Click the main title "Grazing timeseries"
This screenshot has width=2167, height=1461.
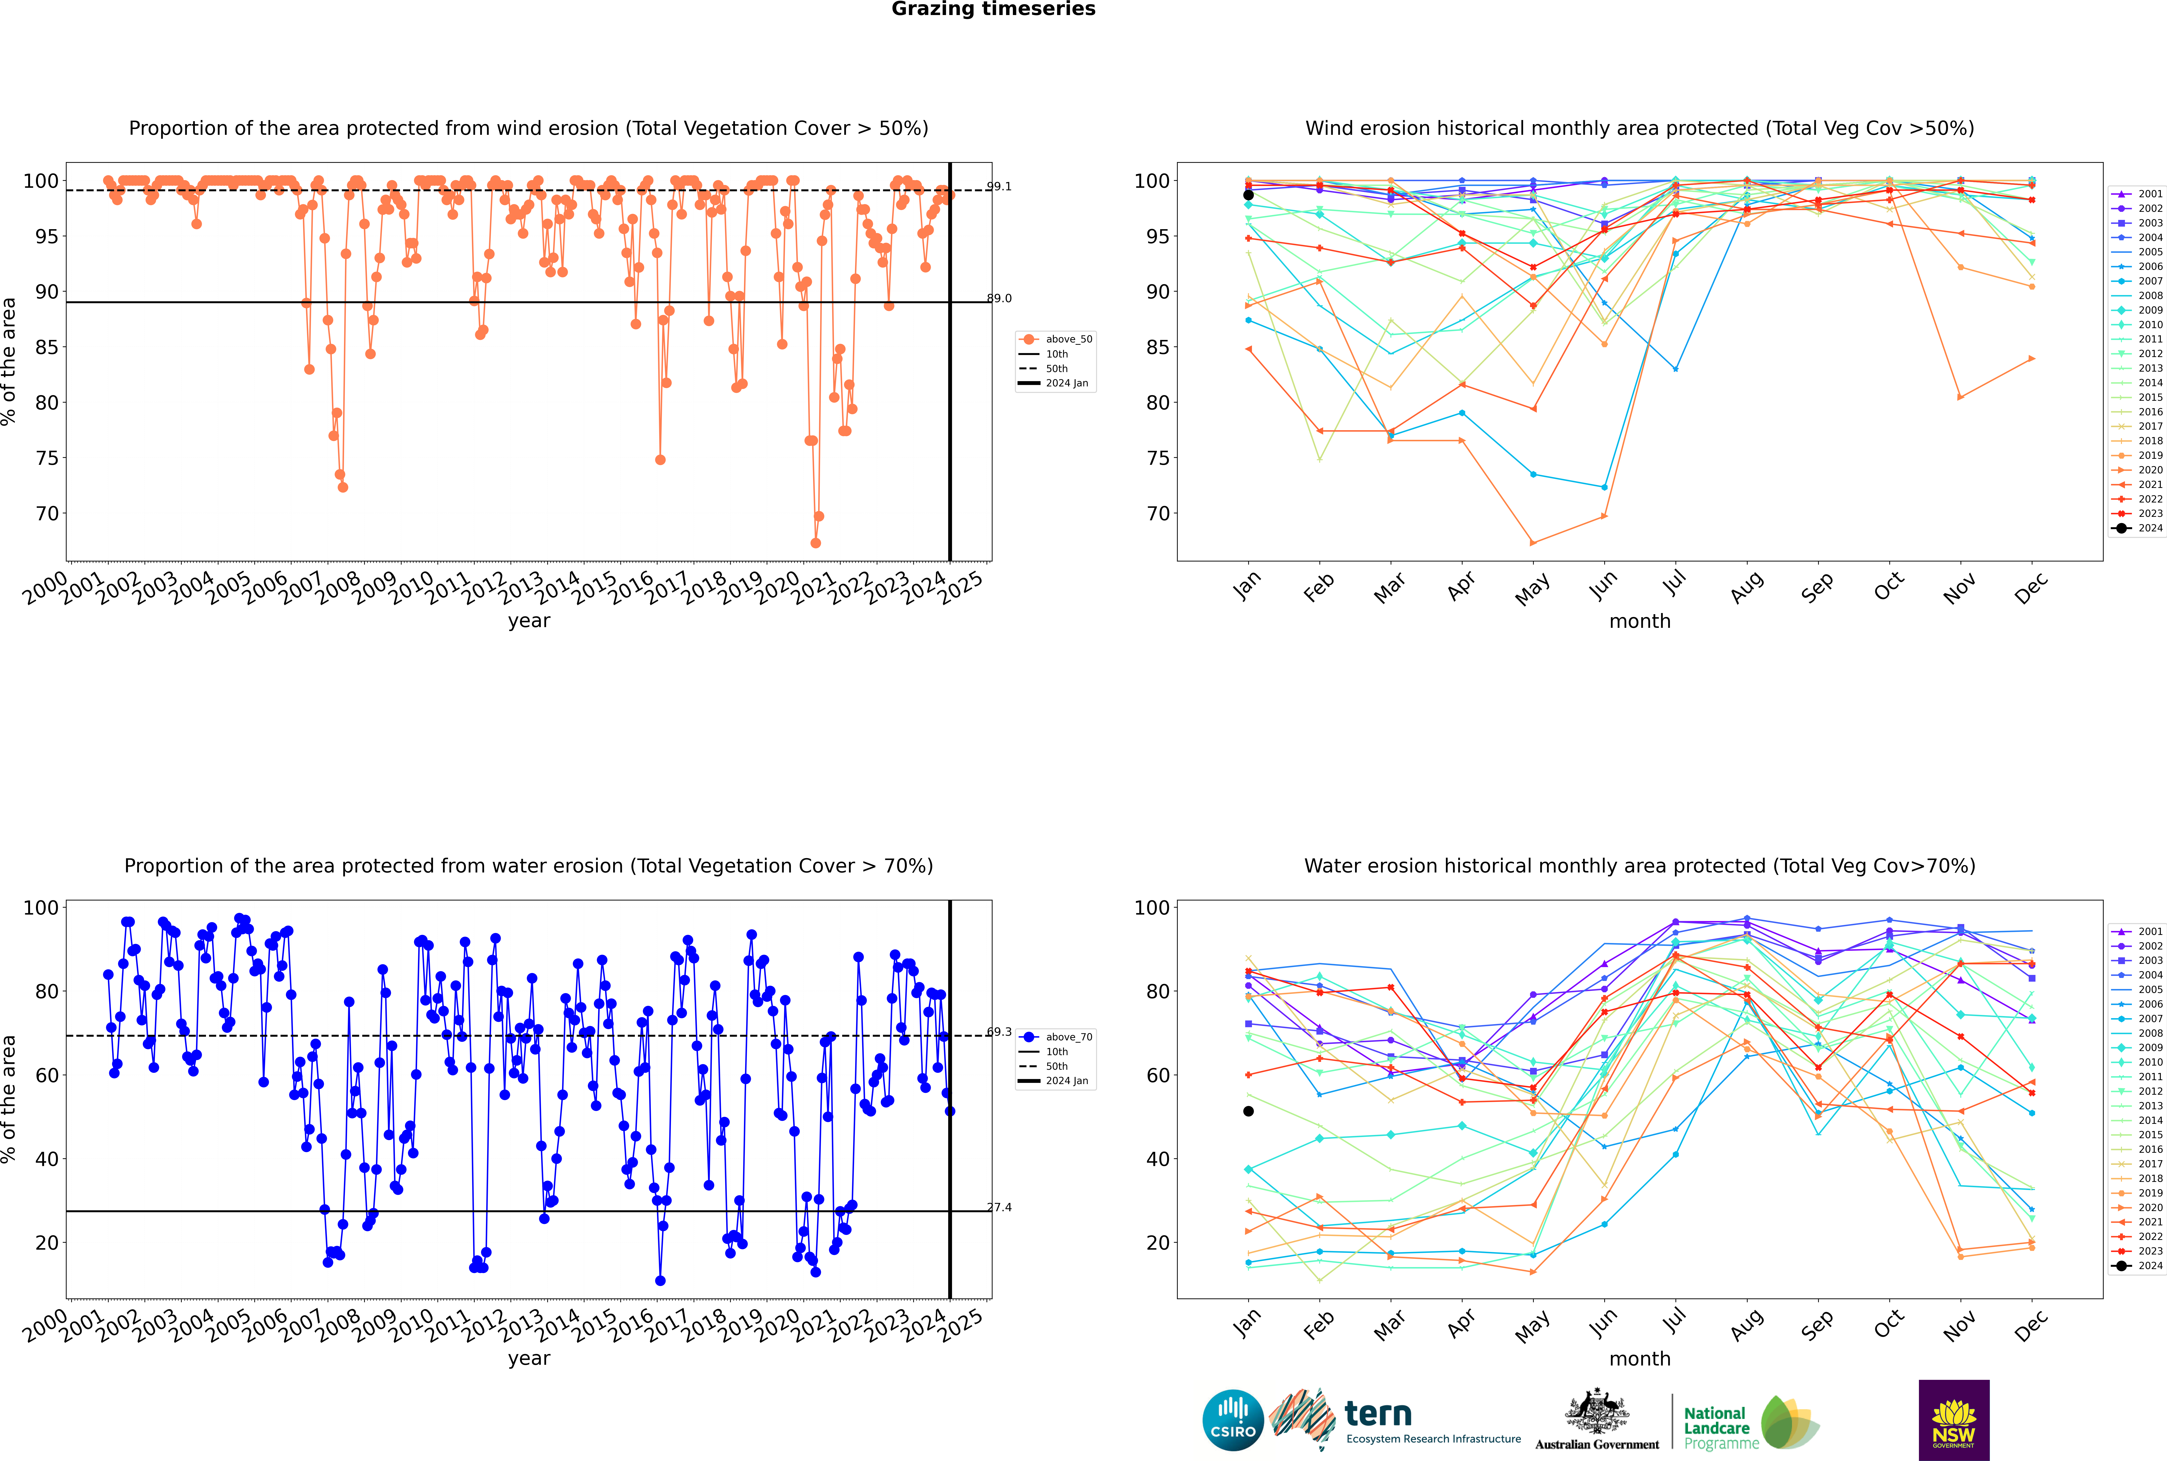[x=993, y=9]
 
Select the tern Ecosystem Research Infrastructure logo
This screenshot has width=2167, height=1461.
[x=1395, y=1420]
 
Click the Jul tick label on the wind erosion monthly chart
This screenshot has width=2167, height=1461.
[x=1674, y=583]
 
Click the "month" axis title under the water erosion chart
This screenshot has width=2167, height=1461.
[x=1640, y=1359]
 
